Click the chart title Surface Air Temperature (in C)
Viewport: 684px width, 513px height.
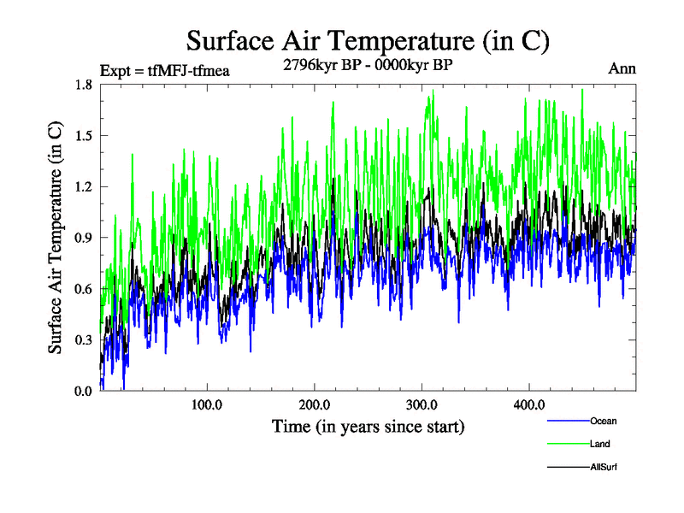coord(368,39)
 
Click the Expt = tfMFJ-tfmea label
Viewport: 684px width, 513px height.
coord(165,70)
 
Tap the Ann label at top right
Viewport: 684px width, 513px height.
coord(622,68)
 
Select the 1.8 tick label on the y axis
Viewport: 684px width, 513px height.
coord(83,85)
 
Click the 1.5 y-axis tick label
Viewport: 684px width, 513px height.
coord(83,136)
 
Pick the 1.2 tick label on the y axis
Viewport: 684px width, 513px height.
coord(83,186)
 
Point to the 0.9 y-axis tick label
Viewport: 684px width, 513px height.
coord(83,238)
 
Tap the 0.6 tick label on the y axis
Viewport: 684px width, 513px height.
coord(83,289)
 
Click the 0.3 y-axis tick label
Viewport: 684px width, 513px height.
coord(83,339)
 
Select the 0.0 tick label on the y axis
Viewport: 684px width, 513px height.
coord(83,391)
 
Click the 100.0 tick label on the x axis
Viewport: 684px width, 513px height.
coord(207,404)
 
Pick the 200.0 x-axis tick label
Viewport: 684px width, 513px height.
coord(315,404)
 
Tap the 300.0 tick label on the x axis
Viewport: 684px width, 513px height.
coord(422,404)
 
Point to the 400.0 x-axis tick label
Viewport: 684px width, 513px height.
coord(528,404)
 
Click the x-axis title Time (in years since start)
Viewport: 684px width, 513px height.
coord(368,426)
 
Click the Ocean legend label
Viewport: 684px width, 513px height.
coord(603,421)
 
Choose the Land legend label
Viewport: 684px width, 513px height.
coord(599,444)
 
